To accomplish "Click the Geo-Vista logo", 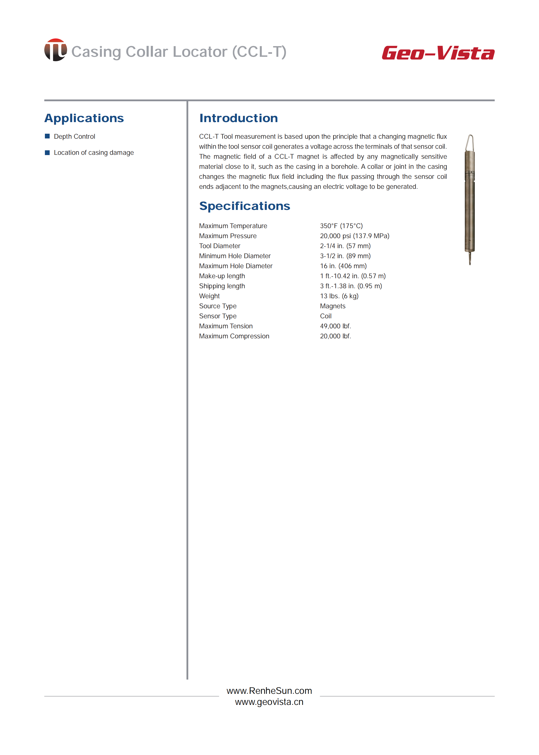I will coord(438,53).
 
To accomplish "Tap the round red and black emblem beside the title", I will coord(55,50).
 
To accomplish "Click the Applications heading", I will coord(84,118).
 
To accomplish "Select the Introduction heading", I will coord(238,118).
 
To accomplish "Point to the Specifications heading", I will coord(244,206).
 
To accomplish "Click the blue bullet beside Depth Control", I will coord(47,136).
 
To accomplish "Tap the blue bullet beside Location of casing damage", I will coord(47,152).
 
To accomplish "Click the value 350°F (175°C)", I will coord(341,226).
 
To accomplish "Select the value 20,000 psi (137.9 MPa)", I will coord(354,236).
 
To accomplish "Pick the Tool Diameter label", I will coord(219,246).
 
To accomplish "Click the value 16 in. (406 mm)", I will coord(343,266).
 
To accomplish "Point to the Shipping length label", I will coord(222,286).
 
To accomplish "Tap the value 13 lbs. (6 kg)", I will coord(339,296).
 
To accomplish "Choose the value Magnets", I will coord(332,306).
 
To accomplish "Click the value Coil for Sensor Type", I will coord(326,316).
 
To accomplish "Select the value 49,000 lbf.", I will coord(335,326).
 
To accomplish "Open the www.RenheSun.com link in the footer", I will coord(269,691).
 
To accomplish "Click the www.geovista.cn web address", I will coord(269,702).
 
